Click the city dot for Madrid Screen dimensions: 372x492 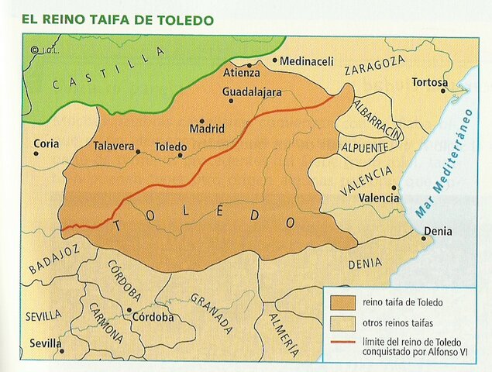click(202, 121)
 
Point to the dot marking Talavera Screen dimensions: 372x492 click(138, 152)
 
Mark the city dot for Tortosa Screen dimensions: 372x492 click(443, 91)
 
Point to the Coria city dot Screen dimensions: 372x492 click(36, 153)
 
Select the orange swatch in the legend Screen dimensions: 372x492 click(343, 301)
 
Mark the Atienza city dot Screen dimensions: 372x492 click(249, 66)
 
